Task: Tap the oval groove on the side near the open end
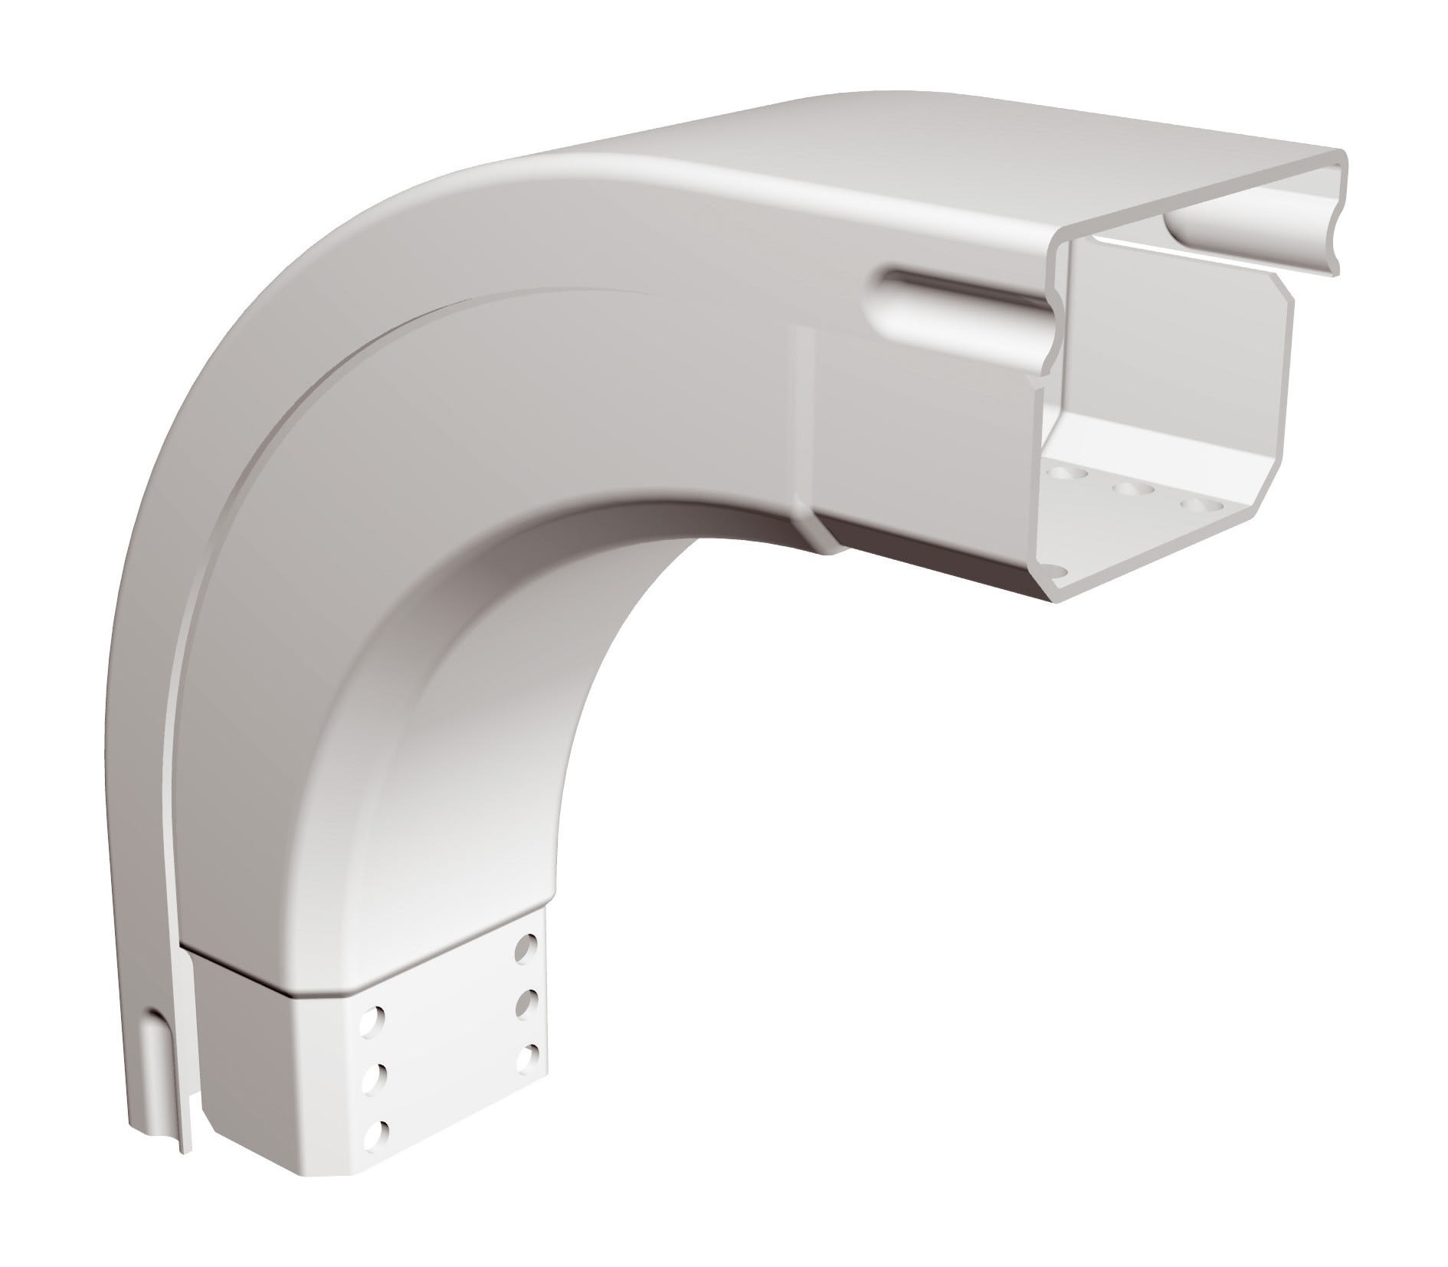(958, 299)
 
